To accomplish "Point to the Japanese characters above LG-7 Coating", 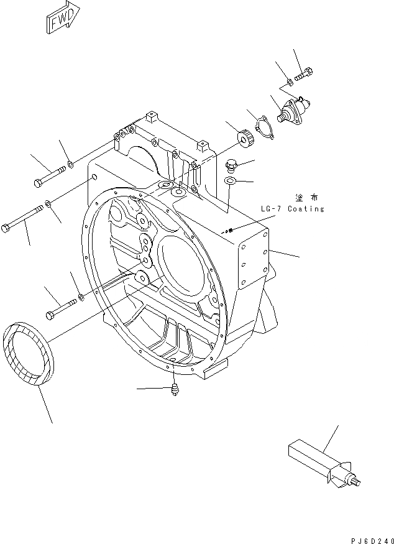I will [307, 197].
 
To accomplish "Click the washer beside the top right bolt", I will [290, 81].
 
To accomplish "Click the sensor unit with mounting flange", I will [292, 110].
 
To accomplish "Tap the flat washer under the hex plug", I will [230, 181].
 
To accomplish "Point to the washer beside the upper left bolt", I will [71, 165].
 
